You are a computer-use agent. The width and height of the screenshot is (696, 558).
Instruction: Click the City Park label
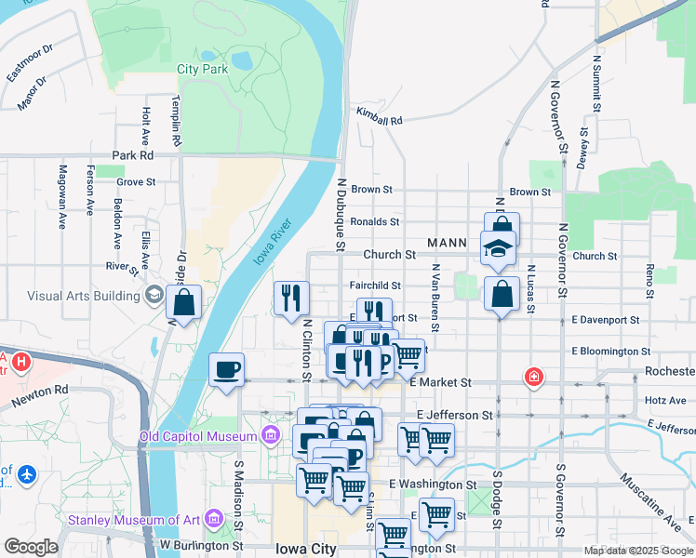202,69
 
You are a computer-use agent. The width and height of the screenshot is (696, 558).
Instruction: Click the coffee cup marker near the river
227,371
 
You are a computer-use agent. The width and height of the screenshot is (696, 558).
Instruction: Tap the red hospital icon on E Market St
533,377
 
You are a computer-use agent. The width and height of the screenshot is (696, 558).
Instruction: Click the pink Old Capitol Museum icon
270,434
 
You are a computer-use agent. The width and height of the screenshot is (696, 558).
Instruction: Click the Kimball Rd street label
379,120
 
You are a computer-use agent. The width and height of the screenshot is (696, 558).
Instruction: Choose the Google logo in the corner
31,547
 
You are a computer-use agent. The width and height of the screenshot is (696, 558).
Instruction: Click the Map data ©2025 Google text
638,551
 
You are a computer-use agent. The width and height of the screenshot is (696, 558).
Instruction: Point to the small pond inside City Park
242,61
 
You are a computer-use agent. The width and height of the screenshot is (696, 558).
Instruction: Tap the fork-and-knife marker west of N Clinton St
291,297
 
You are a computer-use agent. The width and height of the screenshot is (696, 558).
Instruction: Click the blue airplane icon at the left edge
25,474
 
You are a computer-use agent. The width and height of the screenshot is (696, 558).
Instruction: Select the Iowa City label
305,549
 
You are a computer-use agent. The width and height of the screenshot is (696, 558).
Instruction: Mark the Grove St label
136,182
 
